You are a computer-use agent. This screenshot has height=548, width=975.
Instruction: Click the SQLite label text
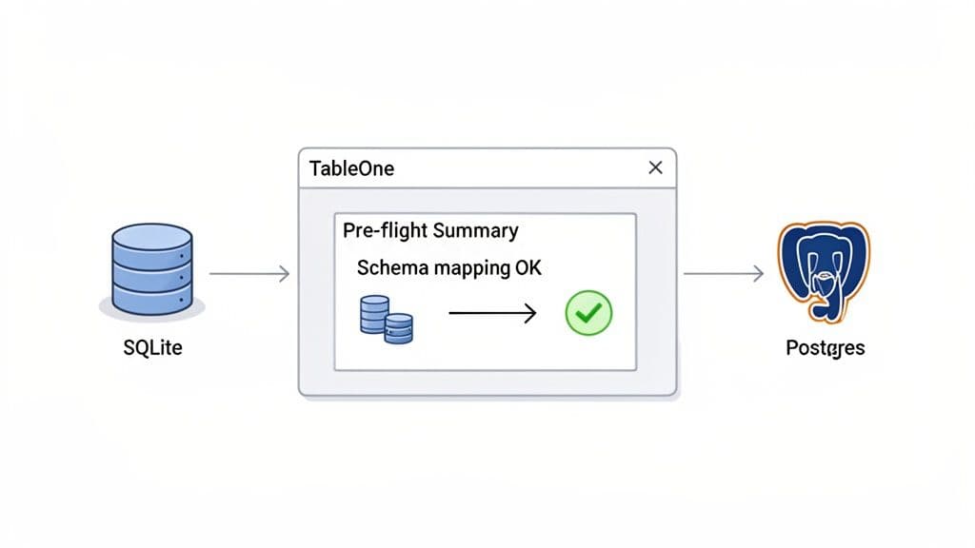click(152, 348)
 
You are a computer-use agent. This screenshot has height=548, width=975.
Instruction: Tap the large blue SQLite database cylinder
click(152, 269)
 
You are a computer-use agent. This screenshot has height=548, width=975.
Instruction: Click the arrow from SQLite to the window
click(249, 274)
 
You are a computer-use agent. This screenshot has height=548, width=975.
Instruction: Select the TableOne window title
click(351, 168)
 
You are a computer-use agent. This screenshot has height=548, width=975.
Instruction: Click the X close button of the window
click(655, 167)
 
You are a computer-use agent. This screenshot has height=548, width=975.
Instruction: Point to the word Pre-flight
click(384, 230)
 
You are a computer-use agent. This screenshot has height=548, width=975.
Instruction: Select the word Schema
click(392, 268)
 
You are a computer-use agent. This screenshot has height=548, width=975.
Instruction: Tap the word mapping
click(472, 268)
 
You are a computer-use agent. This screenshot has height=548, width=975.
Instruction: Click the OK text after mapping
click(528, 268)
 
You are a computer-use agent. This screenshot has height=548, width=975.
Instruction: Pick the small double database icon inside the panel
click(387, 320)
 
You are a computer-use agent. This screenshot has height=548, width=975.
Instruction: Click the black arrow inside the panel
click(491, 313)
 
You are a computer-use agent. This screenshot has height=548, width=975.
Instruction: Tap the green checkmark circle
click(588, 313)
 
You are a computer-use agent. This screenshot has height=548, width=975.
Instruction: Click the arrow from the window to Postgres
click(724, 274)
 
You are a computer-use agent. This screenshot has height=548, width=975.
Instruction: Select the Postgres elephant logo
click(823, 271)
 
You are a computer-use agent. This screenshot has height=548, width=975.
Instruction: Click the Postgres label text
click(825, 348)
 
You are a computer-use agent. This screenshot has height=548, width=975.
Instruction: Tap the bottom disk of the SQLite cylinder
click(152, 298)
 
